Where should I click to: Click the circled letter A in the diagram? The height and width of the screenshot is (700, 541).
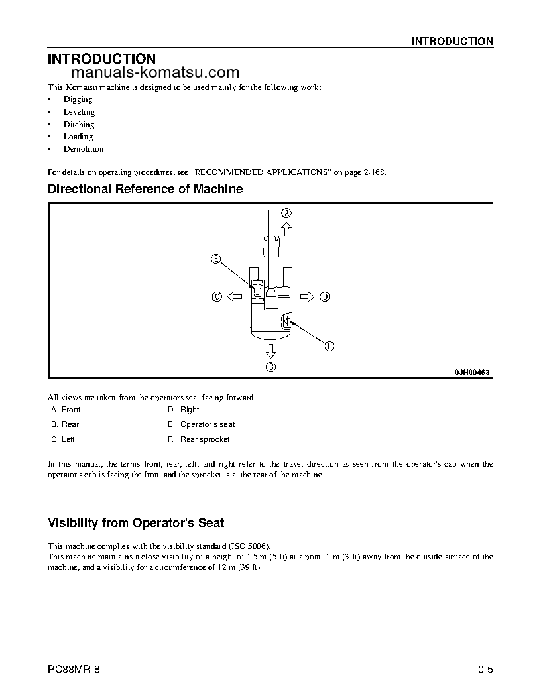[x=286, y=213]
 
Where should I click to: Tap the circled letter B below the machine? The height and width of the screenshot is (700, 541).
[x=270, y=366]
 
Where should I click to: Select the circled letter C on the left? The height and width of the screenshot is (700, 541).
[x=216, y=298]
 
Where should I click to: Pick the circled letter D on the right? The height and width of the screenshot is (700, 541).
[x=324, y=297]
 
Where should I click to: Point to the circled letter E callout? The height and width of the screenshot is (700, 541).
[x=215, y=259]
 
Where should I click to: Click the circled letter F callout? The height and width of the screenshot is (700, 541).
[x=330, y=345]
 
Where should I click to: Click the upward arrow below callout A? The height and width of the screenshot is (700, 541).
[x=286, y=229]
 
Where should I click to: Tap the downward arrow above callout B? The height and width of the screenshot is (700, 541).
[x=270, y=349]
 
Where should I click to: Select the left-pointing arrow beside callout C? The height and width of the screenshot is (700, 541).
[x=234, y=298]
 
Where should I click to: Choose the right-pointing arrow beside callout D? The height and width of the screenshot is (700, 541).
[x=306, y=297]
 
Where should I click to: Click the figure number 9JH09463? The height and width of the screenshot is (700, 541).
[x=471, y=373]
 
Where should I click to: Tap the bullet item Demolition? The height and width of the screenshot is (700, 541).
[x=84, y=149]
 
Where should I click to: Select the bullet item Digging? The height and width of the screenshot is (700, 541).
[x=78, y=99]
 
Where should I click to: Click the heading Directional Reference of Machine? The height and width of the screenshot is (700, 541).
[x=145, y=189]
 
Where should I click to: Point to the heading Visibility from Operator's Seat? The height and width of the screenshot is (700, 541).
[x=141, y=522]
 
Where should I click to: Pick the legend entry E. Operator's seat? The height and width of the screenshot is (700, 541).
[x=201, y=424]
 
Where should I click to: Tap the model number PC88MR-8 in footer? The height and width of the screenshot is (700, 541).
[x=74, y=669]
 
